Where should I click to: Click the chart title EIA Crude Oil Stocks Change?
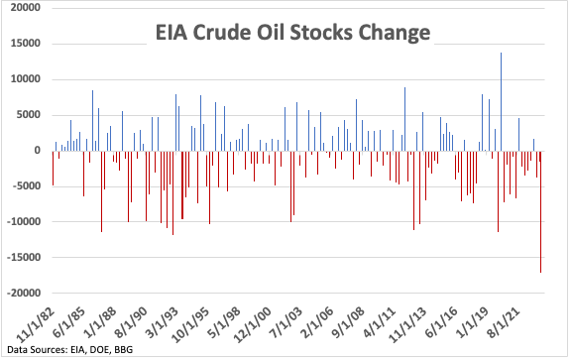[292, 32]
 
